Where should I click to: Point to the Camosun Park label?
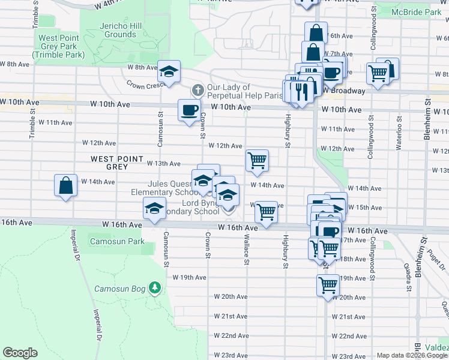(117, 241)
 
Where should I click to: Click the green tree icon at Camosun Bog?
(155, 289)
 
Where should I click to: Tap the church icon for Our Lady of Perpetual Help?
(196, 91)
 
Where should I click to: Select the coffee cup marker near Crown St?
(189, 110)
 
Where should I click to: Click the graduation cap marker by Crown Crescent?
(169, 71)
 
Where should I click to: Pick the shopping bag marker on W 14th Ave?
(65, 185)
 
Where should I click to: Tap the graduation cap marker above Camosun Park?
(154, 209)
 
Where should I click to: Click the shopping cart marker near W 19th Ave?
(328, 284)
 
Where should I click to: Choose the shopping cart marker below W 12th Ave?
(257, 161)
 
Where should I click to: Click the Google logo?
(20, 353)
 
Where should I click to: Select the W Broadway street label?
(343, 91)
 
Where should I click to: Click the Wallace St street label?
(247, 252)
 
